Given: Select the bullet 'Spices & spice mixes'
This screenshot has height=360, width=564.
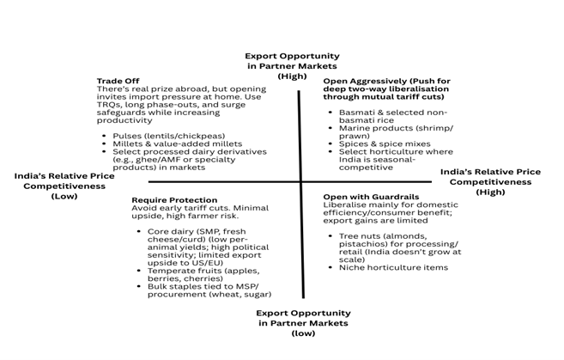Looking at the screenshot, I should [x=372, y=143].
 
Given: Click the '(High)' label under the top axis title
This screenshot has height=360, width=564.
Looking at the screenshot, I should [x=292, y=76].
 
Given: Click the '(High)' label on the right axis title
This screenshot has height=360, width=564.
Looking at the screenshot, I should [x=490, y=192].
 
